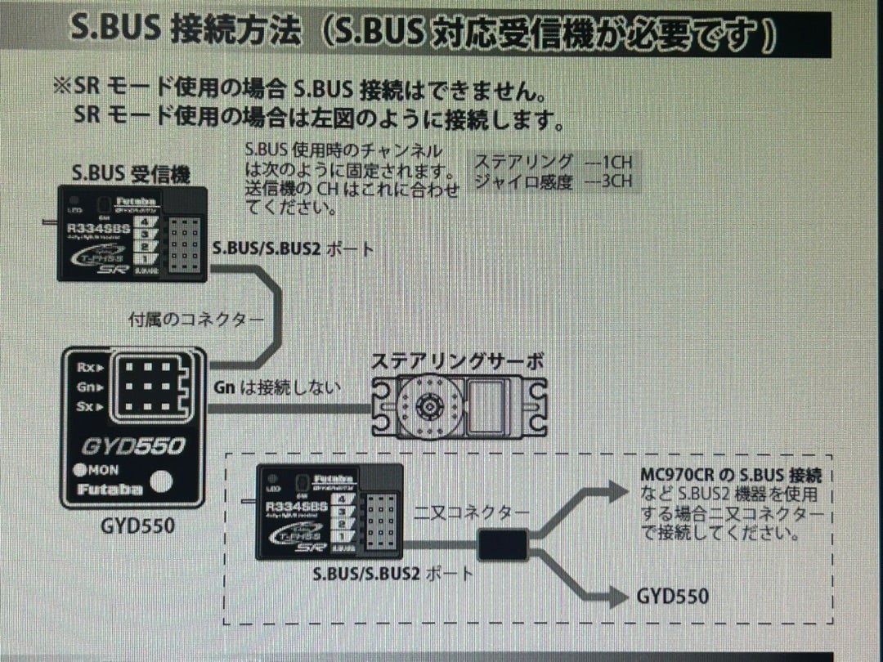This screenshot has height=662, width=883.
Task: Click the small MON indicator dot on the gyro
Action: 80,470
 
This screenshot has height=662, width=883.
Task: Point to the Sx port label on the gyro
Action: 87,405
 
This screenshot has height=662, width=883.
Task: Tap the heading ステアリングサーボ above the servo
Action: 457,362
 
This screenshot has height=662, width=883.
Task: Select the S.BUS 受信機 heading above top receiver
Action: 131,173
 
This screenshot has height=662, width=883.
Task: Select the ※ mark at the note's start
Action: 62,87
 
